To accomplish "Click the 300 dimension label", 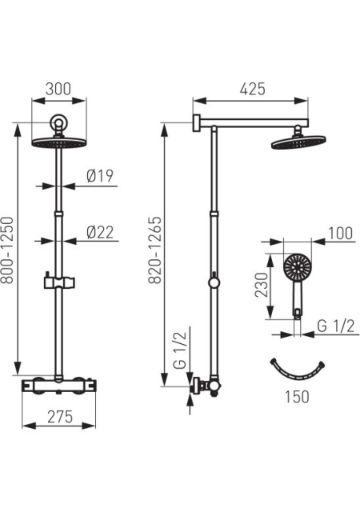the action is coord(58,89).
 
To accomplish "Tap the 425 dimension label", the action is coord(253,89).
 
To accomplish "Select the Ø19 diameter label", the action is coord(100,176).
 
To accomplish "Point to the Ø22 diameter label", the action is coord(100,232).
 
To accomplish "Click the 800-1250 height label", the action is coord(7,250).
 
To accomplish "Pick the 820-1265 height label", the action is coord(155,250).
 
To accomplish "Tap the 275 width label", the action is coord(60,417).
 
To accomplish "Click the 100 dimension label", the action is coord(340,234).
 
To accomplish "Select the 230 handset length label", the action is coord(262,285).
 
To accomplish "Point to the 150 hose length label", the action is coord(297,397).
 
